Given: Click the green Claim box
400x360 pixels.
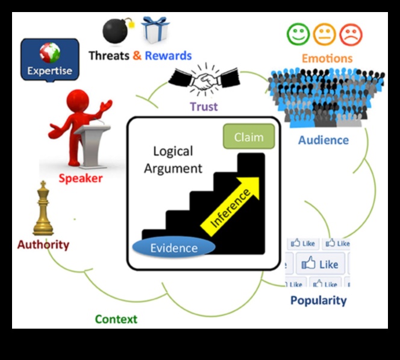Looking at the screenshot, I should coord(248,137).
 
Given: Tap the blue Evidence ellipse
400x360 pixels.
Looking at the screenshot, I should coord(173,248).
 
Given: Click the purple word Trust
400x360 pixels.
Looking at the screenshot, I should coord(204,107).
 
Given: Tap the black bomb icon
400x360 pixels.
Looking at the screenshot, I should coord(116,30).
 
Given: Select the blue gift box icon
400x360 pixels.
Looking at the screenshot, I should coord(155,30).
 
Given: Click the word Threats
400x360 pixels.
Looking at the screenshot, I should coord(109,56).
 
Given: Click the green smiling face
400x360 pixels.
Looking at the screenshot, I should coord(298,34).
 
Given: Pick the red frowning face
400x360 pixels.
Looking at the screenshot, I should coord(351,34).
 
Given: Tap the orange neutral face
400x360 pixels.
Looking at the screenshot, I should coord(324,34).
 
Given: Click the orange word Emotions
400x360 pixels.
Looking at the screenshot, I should coord(327,58).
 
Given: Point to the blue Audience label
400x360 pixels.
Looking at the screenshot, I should coord(323,140).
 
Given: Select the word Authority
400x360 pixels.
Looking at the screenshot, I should coord(43,245).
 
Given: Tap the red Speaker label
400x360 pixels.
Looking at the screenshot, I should coord(81,178).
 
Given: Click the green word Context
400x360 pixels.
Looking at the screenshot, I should coord(116,319).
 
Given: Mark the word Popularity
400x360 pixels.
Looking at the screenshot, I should coord(319,300).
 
